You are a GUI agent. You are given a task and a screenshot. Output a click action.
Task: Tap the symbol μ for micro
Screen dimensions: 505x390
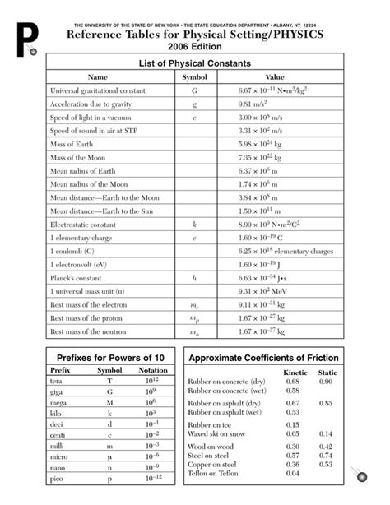(109, 455)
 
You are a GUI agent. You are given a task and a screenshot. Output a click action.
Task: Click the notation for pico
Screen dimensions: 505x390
(152, 477)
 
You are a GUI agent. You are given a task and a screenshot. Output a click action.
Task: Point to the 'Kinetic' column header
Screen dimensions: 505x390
(295, 373)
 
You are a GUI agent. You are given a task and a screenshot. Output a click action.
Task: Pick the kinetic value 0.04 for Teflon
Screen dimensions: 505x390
(293, 473)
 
